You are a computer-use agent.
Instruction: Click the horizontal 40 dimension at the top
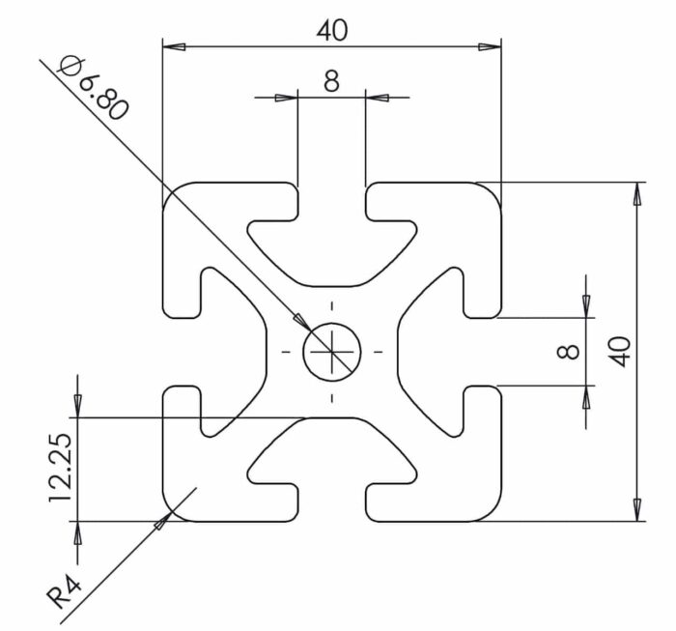(331, 30)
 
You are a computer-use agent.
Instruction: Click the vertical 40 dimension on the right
(619, 350)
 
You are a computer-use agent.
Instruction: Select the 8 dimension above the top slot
(331, 81)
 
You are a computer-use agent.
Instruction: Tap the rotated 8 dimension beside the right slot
(570, 350)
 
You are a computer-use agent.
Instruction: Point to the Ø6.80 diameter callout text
(93, 88)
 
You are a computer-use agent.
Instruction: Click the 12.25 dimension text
(60, 469)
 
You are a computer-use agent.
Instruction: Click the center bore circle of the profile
(331, 351)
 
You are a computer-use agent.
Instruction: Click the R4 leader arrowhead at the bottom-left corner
(161, 522)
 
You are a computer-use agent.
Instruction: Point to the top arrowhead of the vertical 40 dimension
(637, 192)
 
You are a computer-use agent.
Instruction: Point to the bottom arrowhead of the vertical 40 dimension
(637, 509)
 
